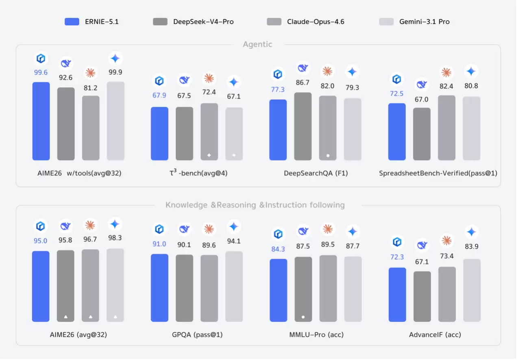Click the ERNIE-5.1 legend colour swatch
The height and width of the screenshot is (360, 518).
point(72,22)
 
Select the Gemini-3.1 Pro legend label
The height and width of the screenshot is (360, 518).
point(424,22)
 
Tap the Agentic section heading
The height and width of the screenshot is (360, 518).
point(257,44)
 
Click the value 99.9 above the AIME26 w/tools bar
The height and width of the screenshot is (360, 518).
point(115,72)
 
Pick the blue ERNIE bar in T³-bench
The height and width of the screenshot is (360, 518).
point(159,134)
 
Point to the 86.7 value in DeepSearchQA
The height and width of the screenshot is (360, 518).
point(303,82)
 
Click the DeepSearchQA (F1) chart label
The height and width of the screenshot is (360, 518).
point(316,173)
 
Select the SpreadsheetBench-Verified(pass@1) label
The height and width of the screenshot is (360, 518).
point(438,173)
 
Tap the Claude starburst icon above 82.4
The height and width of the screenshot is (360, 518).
point(446,73)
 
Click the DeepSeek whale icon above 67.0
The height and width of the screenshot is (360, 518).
point(422,85)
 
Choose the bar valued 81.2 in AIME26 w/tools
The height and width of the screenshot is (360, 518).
point(91,128)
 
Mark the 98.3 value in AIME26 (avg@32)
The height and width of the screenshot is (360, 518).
point(115,238)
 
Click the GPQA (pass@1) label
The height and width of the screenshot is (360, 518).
point(197,335)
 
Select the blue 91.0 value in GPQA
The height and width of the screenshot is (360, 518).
point(159,244)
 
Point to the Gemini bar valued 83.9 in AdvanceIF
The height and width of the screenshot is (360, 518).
point(472,291)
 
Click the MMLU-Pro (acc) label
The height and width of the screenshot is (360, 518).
point(316,335)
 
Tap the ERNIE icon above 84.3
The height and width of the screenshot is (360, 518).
point(278,234)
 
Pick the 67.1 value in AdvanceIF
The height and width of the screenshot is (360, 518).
point(422,262)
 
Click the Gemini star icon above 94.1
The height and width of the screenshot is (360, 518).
point(234,227)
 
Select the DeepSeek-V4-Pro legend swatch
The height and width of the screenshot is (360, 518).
point(160,22)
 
